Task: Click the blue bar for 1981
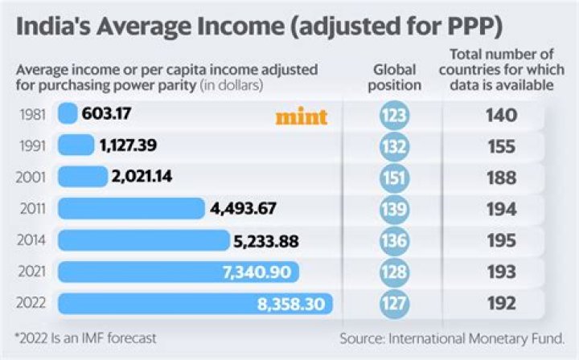tap(68, 114)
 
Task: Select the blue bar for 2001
tap(82, 177)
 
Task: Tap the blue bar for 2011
tap(131, 208)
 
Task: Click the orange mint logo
tap(302, 117)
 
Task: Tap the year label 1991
tap(32, 145)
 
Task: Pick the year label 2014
tap(32, 240)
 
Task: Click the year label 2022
tap(32, 304)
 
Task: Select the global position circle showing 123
tap(394, 115)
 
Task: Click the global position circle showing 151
tap(394, 178)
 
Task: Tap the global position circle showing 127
tap(394, 304)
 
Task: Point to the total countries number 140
tap(500, 115)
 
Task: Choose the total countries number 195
tap(500, 240)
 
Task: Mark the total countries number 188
tap(500, 178)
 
